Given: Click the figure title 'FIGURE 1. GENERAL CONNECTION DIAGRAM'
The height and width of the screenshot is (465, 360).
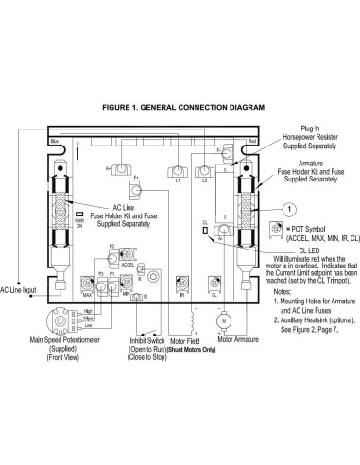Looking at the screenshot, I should (x=180, y=107).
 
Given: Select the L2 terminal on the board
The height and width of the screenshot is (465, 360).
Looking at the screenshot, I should (x=205, y=173).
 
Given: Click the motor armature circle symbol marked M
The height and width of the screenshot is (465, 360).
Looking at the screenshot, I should (x=225, y=349).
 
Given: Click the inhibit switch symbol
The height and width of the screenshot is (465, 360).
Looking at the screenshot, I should (x=150, y=360).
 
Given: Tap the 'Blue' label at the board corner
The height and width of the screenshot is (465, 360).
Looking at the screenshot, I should (x=55, y=140).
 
